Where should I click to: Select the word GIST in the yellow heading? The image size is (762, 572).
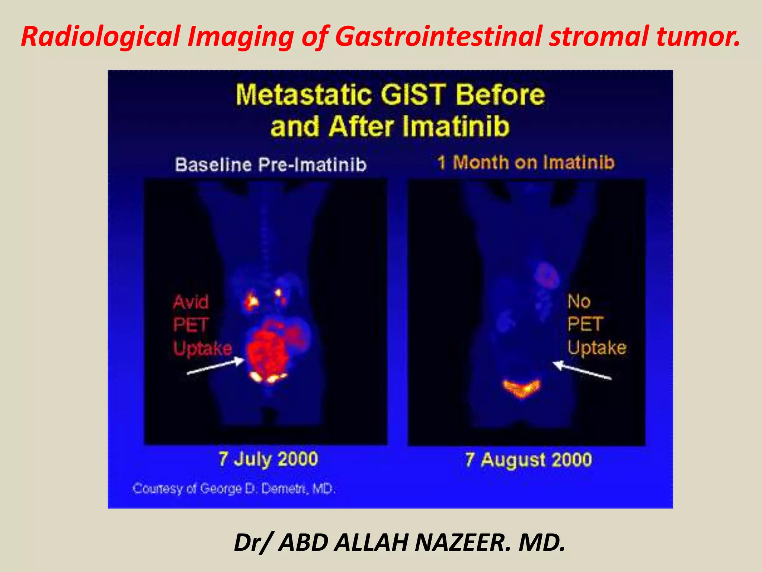click(413, 94)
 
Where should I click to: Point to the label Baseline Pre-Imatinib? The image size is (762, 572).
click(270, 165)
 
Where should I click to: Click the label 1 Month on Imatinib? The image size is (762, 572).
click(526, 163)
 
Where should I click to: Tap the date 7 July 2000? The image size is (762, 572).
click(268, 459)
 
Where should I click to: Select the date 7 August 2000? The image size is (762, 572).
click(528, 460)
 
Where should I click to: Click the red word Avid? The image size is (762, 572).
click(190, 302)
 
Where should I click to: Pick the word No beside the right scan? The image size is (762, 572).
click(579, 301)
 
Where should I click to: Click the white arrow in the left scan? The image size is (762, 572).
click(216, 366)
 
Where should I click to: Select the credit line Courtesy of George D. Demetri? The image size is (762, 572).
click(234, 488)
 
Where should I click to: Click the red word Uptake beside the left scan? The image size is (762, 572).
click(203, 349)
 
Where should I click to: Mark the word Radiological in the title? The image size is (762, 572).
click(100, 36)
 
